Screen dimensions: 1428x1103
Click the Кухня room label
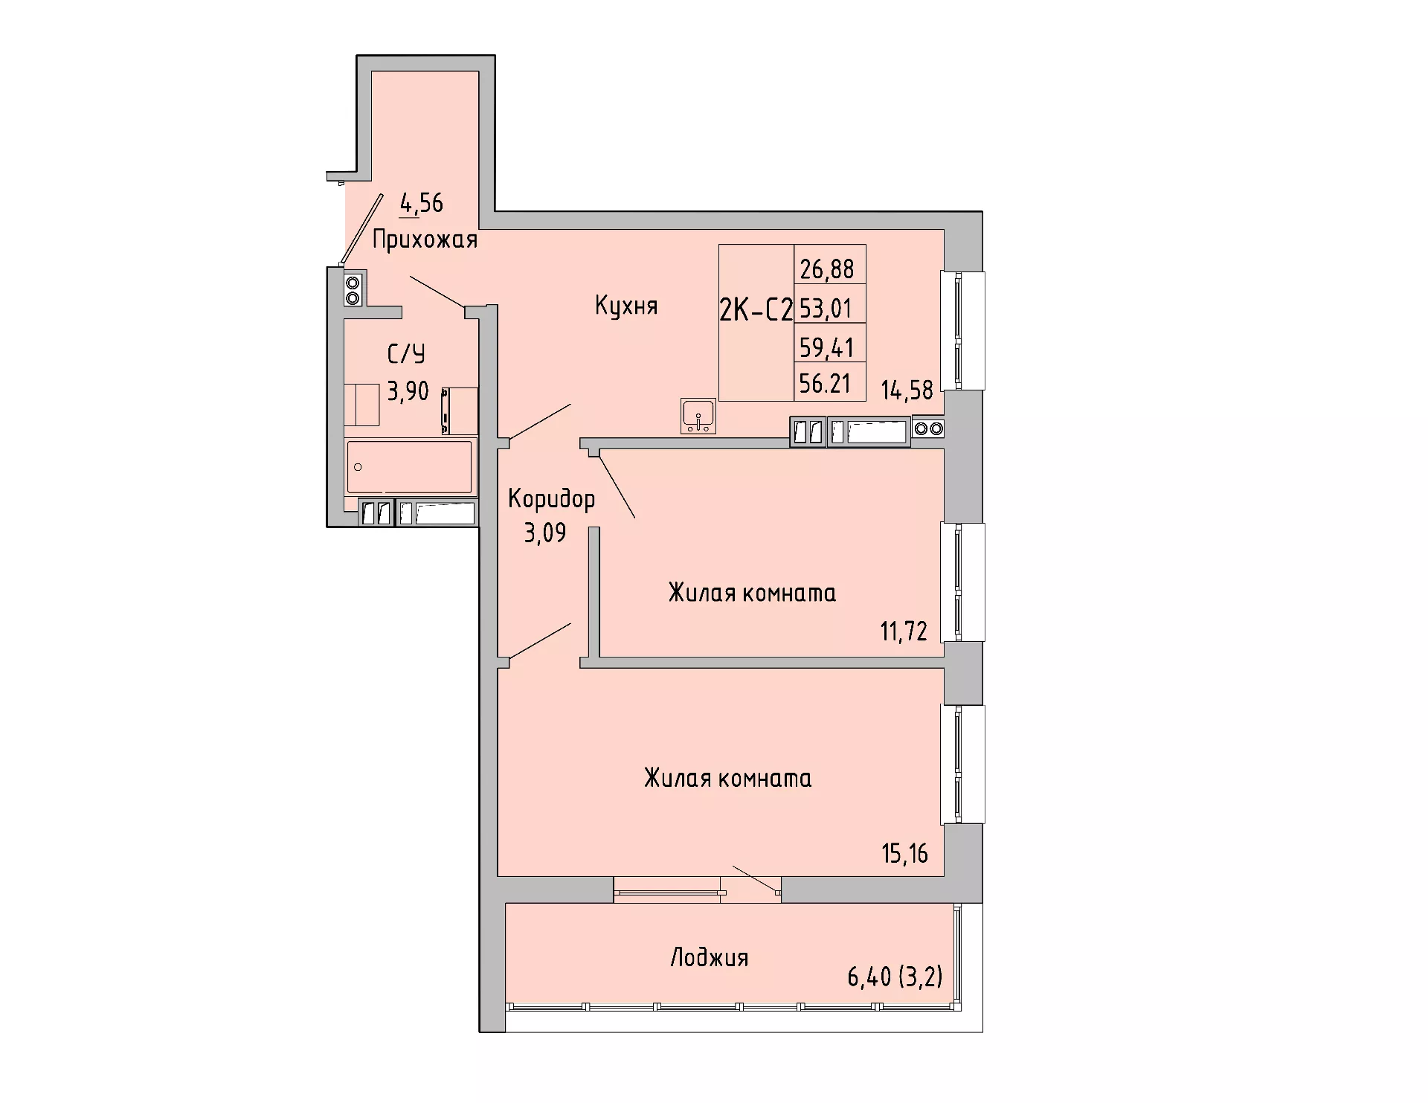626,306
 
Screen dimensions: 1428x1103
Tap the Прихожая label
425,239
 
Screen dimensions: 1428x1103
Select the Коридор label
552,499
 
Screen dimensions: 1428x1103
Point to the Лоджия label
709,957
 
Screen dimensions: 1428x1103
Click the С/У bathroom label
407,354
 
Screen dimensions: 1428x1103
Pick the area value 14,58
907,390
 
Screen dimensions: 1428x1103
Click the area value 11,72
904,631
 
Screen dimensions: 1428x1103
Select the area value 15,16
905,853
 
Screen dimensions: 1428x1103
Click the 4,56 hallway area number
422,202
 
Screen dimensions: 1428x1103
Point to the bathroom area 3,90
408,391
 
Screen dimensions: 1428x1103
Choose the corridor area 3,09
545,533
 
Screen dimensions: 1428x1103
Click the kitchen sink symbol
698,417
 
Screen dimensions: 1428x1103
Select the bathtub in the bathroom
410,466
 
